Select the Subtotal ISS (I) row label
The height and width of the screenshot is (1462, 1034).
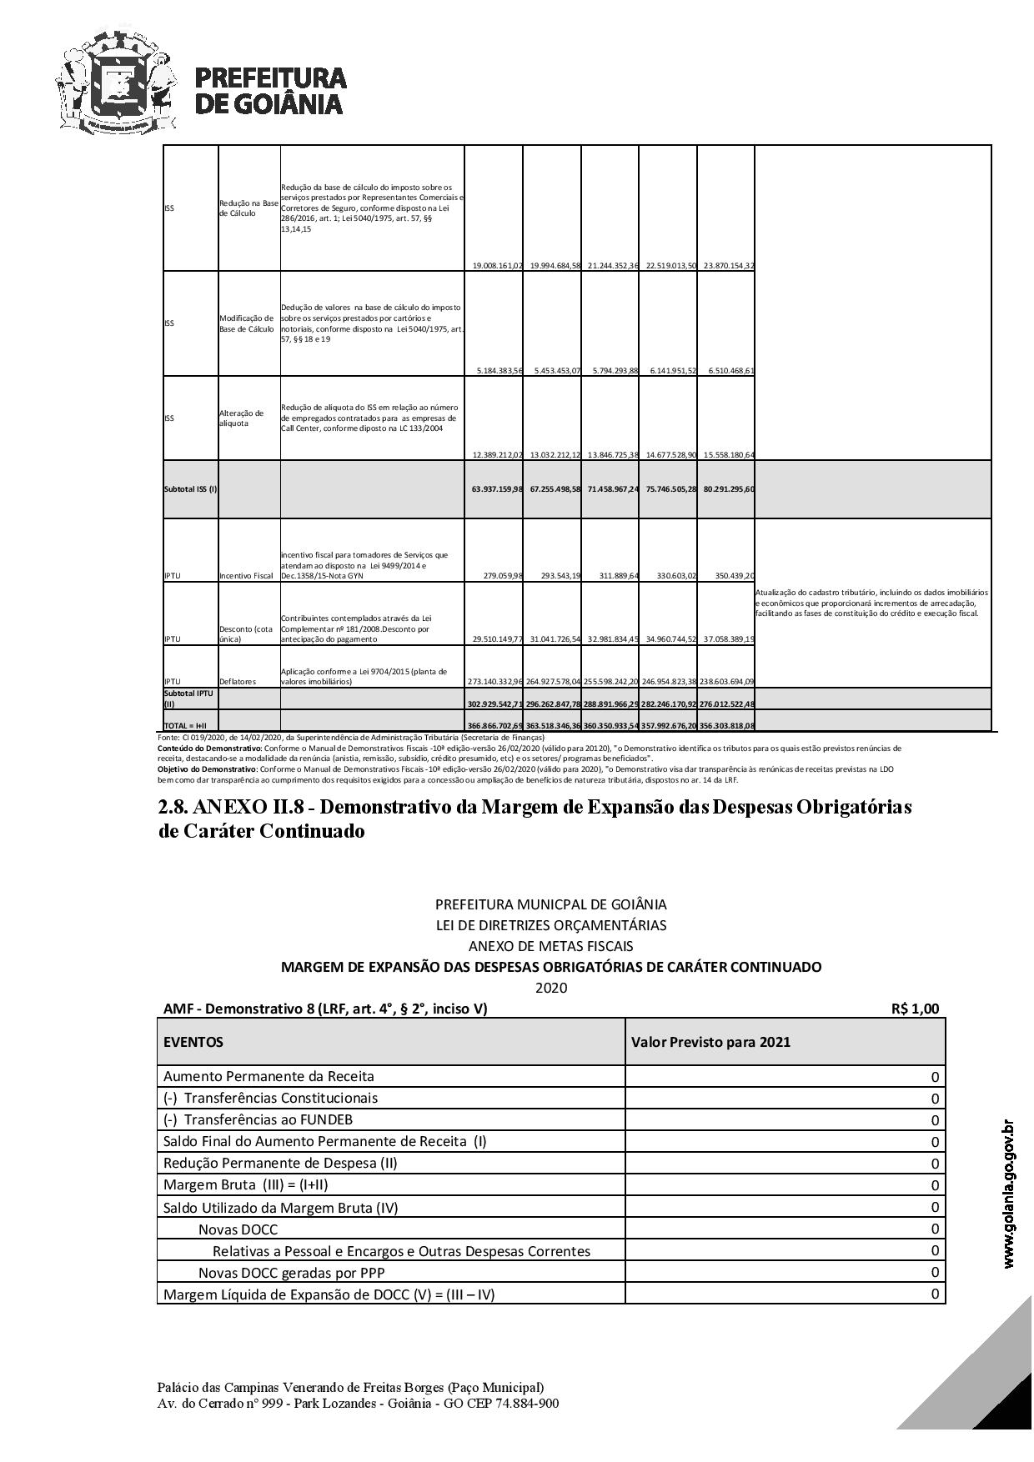click(x=190, y=488)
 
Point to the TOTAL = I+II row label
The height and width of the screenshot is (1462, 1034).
click(x=185, y=726)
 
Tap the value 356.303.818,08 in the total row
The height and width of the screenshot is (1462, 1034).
click(x=726, y=726)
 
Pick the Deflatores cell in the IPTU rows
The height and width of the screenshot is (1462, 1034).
click(x=238, y=682)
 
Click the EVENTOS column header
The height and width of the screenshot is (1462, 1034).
click(x=193, y=1042)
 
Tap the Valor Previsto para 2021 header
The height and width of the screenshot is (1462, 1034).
click(x=710, y=1042)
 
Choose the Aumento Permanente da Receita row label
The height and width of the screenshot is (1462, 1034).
click(x=269, y=1076)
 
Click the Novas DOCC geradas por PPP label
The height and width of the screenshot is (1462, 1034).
click(x=291, y=1273)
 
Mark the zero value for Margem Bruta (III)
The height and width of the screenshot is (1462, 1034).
click(x=935, y=1185)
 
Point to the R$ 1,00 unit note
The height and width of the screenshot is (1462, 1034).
click(x=915, y=1009)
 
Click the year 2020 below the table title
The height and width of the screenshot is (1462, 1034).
click(x=550, y=988)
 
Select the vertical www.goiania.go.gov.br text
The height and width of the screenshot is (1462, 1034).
click(x=1009, y=1194)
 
